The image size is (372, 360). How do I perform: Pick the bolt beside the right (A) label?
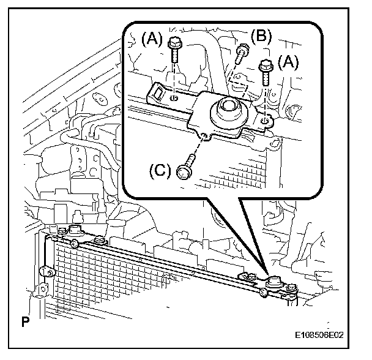[266, 70]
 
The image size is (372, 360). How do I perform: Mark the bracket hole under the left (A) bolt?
[174, 97]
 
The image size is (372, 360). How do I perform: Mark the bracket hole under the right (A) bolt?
[263, 120]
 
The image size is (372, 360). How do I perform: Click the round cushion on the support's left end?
[74, 231]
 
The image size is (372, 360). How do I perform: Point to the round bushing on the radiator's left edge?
[44, 271]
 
